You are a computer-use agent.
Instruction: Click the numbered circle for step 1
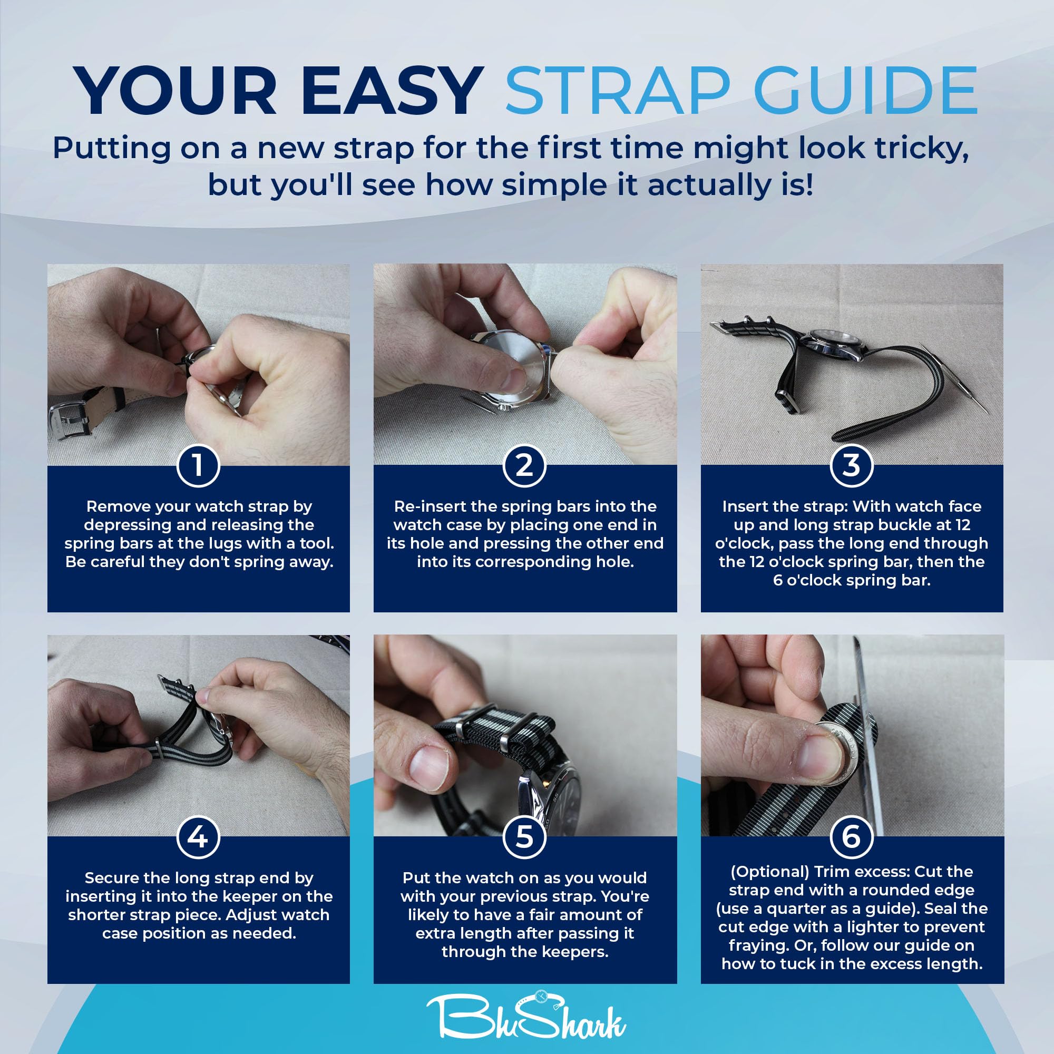click(198, 465)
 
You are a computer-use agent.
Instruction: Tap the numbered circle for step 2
click(524, 465)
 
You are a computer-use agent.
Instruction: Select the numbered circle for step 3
click(852, 465)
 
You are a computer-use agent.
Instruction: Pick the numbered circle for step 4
click(198, 837)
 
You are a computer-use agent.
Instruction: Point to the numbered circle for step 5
click(524, 837)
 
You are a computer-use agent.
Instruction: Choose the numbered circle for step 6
click(852, 837)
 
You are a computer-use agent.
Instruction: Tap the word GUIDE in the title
click(866, 91)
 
